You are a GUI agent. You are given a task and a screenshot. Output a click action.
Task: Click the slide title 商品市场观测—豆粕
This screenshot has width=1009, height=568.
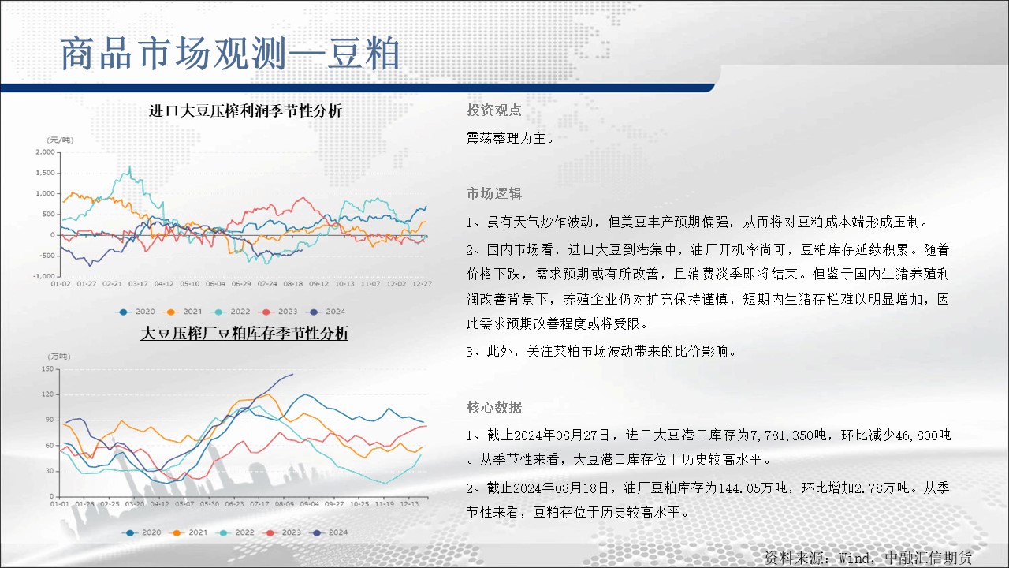pos(230,54)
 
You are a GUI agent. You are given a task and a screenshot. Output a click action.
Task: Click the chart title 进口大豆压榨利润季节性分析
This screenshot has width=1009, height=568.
pos(245,110)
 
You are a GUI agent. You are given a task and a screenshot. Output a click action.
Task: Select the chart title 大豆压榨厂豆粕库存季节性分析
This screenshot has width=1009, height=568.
pos(244,333)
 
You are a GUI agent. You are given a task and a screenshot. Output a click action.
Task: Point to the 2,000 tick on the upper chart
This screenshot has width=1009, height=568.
pos(46,152)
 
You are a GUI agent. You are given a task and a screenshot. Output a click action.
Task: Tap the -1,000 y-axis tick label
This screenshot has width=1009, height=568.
pos(44,276)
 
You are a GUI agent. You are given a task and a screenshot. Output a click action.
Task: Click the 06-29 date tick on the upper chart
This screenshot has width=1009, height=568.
pos(241,284)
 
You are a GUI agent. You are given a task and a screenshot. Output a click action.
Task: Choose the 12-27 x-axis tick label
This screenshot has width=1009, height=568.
pos(422,284)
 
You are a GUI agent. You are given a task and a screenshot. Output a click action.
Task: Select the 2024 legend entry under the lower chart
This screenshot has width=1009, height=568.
pos(330,532)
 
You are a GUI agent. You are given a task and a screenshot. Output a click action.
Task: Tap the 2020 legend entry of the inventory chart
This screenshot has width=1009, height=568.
pos(143,532)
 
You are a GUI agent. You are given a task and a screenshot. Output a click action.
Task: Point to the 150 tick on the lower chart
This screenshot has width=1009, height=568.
pos(47,368)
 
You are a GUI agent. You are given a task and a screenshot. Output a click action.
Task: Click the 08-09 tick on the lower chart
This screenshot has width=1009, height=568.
pos(285,504)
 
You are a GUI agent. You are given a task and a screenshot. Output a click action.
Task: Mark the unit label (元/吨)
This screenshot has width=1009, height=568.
pos(60,140)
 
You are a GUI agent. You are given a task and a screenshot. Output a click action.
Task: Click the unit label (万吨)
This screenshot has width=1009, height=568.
pos(59,357)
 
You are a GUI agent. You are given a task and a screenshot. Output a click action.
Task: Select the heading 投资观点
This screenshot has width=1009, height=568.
pos(494,110)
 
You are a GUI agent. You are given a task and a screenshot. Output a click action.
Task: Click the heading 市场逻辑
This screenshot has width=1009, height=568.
pos(494,193)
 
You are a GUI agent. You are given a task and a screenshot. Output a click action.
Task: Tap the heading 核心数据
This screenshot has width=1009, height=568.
pos(494,408)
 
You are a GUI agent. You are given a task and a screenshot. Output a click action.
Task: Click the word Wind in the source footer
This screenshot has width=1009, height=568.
pos(854,559)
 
